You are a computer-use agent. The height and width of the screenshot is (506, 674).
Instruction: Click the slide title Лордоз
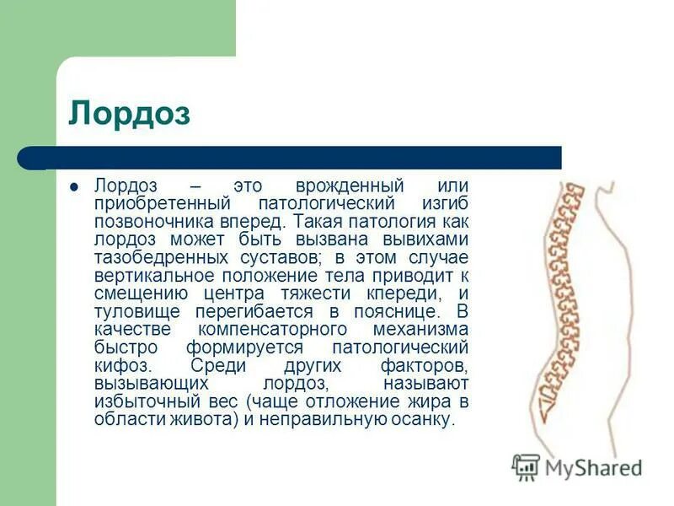tap(129, 114)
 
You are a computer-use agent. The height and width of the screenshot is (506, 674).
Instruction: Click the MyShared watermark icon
tap(527, 467)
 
